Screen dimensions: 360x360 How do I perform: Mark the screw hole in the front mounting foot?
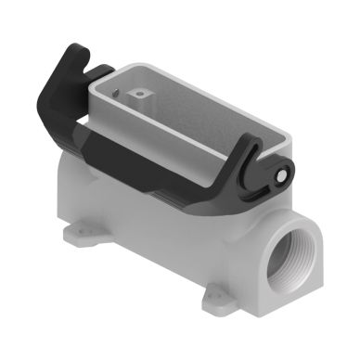[212, 299]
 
